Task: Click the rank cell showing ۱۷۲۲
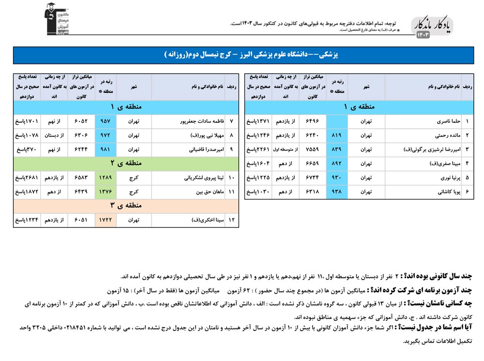click(x=106, y=220)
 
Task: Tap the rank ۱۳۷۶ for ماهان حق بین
click(x=106, y=192)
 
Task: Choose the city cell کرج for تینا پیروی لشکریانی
click(x=134, y=178)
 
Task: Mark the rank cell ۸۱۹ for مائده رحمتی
click(x=337, y=135)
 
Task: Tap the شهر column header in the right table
click(x=366, y=87)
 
